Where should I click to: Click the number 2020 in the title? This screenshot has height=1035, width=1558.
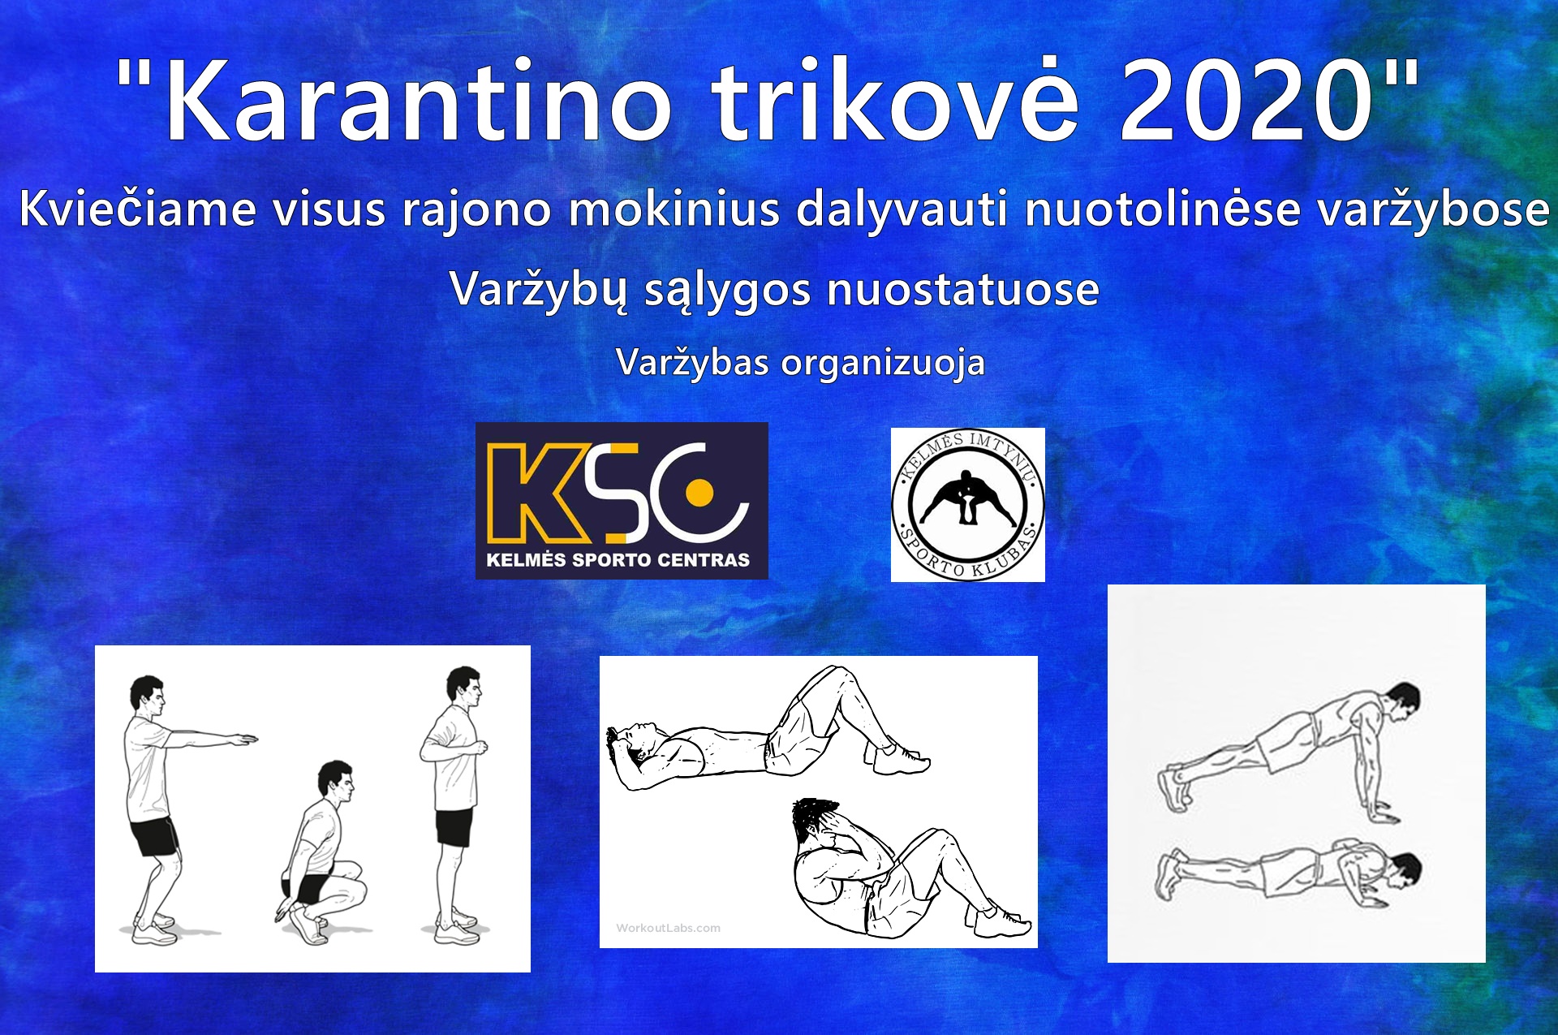click(1246, 101)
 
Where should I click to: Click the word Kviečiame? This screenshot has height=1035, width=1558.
click(137, 209)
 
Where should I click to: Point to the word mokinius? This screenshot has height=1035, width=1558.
click(674, 209)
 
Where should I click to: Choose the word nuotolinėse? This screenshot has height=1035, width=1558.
click(1161, 209)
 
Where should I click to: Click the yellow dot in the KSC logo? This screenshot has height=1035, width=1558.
click(699, 493)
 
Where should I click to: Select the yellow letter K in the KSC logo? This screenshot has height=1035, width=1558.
click(536, 493)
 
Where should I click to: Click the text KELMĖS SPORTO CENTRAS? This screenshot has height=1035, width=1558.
click(618, 560)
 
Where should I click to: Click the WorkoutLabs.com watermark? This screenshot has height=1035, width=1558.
click(668, 928)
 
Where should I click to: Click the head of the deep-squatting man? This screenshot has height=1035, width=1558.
click(335, 781)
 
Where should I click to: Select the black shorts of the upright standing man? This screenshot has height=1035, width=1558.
click(454, 827)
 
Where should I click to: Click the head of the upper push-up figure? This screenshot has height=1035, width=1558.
click(1402, 703)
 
